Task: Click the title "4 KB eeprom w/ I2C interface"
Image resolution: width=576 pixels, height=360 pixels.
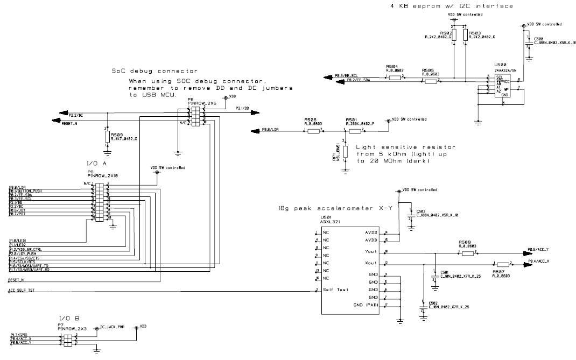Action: [451, 6]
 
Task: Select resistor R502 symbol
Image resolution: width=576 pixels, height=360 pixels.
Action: [454, 36]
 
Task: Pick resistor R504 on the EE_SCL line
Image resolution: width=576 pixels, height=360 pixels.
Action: [395, 77]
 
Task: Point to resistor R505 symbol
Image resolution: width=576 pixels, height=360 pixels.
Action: [431, 82]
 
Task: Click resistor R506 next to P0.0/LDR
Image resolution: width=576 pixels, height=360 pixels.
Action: [313, 130]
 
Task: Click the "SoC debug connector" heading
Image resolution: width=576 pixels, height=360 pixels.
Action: [154, 70]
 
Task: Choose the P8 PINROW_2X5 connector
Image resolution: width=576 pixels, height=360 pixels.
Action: [196, 116]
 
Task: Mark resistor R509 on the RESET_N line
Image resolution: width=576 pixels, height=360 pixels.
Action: [107, 137]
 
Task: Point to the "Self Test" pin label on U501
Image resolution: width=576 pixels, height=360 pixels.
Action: [335, 290]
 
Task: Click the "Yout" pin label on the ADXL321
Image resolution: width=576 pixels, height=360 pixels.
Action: [371, 251]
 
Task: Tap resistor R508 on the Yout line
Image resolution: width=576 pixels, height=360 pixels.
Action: [467, 252]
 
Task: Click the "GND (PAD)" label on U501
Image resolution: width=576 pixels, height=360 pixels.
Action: [366, 305]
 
